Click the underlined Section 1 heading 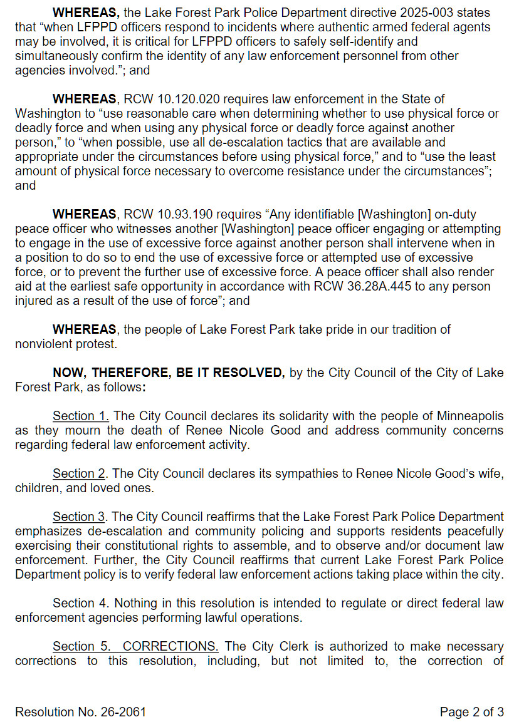[x=81, y=416]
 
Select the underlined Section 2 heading [x=79, y=473]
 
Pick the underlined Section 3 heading [x=79, y=517]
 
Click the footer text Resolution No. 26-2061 [x=80, y=712]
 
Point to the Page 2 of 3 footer [x=471, y=712]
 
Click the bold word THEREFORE [x=130, y=373]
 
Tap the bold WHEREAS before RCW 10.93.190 [x=85, y=215]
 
